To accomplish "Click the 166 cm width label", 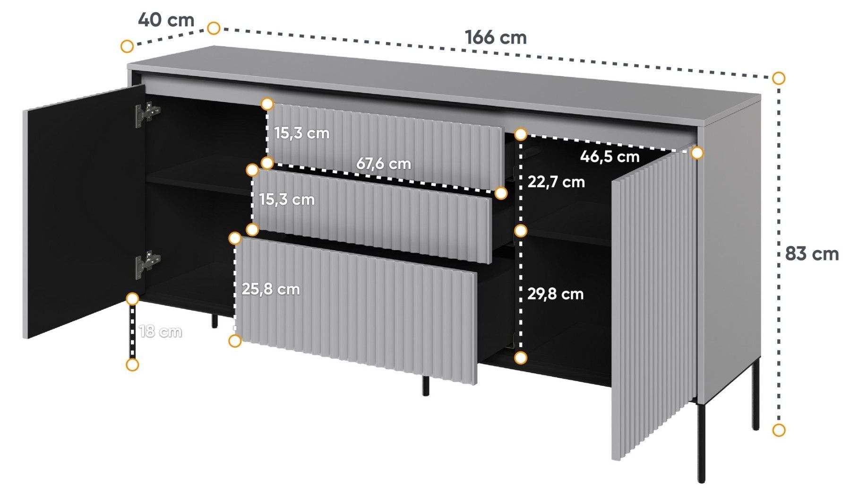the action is (x=496, y=37).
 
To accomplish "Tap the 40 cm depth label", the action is (x=166, y=20).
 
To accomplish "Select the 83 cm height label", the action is (x=812, y=254).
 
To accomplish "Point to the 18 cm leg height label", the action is (x=161, y=331).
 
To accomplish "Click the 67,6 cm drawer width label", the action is (x=383, y=164).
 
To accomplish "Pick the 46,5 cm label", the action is (x=610, y=156).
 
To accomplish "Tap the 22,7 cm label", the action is (x=556, y=182).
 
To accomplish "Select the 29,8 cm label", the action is (x=555, y=294).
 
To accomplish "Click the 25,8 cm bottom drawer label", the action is (x=270, y=289).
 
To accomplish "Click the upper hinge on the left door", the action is (x=147, y=114).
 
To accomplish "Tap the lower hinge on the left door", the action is (x=147, y=263).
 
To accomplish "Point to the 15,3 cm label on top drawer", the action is (x=301, y=133).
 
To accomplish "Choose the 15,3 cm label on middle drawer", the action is (x=287, y=199).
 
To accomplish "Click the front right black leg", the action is (x=701, y=443).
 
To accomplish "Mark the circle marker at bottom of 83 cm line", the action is (x=779, y=430).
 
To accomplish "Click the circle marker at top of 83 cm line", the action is (x=779, y=78).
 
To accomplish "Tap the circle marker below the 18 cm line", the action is (x=132, y=365).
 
